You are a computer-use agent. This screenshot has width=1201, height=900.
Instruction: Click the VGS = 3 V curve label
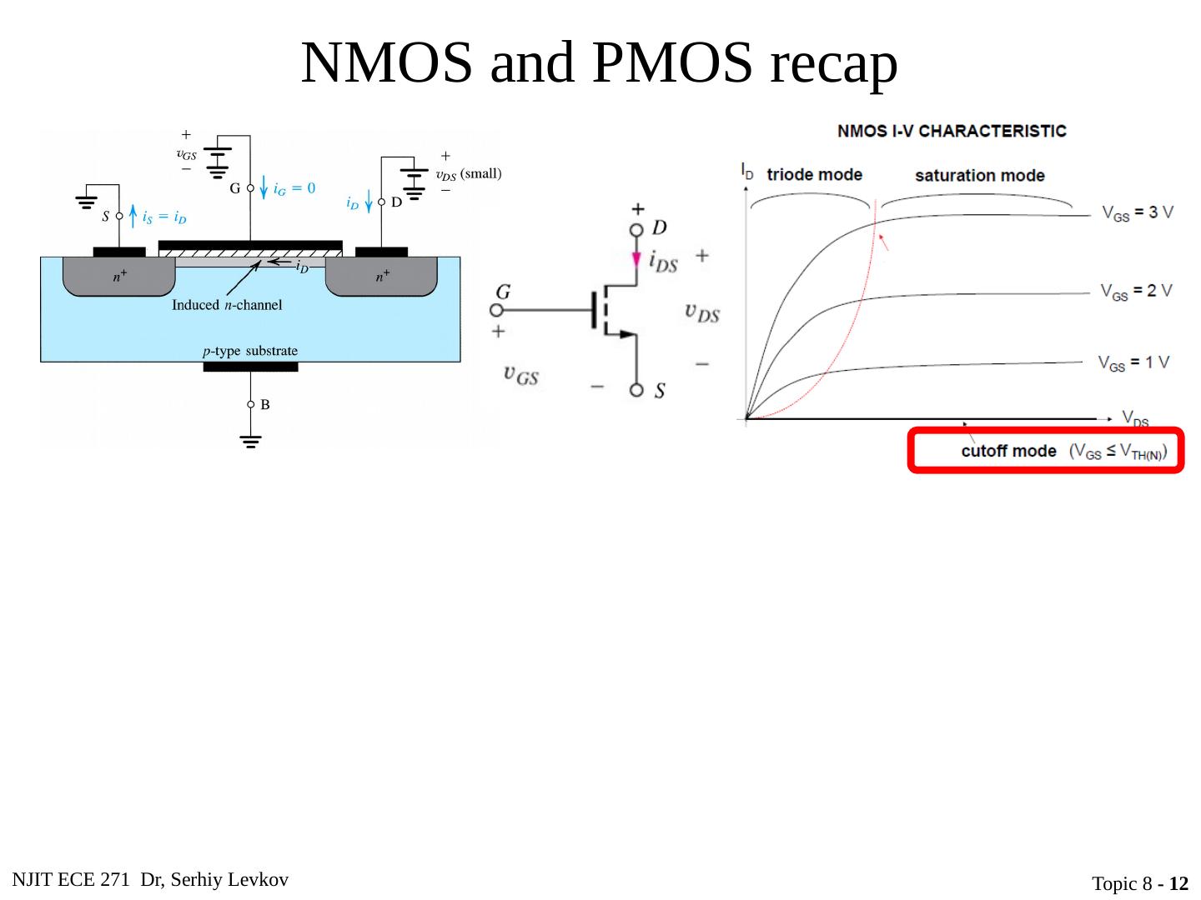[1137, 213]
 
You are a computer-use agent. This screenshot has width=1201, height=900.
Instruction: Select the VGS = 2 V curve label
[1136, 292]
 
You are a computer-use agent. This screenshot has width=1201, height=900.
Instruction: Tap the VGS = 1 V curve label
[1133, 363]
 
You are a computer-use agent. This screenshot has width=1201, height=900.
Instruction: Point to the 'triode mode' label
[814, 175]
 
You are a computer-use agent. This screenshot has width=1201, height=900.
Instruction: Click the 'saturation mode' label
[979, 176]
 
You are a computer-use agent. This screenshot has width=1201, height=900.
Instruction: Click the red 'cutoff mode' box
[1045, 451]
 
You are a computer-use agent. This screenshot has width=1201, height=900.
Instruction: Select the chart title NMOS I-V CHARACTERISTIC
[952, 131]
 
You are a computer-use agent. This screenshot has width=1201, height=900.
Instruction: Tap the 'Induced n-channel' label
[227, 305]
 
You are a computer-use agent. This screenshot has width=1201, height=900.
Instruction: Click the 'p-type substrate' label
[250, 351]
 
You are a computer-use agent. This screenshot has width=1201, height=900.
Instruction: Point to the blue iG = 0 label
[294, 189]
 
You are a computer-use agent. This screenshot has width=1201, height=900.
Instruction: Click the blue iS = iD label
[164, 217]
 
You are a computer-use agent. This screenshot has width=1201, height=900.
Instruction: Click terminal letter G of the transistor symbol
[503, 292]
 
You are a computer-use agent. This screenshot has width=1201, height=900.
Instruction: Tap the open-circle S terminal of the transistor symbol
[637, 390]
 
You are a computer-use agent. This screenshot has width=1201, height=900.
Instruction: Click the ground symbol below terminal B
[250, 441]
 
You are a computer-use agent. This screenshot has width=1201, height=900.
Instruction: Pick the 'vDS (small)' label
[469, 174]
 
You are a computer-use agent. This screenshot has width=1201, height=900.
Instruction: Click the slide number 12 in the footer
[1178, 884]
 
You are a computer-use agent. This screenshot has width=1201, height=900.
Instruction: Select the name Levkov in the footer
[259, 880]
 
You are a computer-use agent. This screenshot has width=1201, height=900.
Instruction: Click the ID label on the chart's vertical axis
[747, 172]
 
